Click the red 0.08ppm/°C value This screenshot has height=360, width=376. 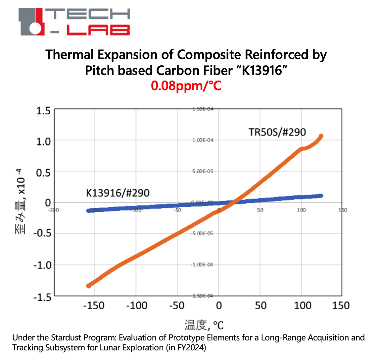[186, 86]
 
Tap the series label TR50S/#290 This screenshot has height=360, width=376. [277, 132]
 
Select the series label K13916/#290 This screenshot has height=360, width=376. [117, 193]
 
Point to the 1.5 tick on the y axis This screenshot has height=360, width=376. [43, 111]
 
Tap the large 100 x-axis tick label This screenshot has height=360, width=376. [303, 305]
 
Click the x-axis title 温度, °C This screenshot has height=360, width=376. [204, 325]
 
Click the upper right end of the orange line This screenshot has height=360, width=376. [321, 136]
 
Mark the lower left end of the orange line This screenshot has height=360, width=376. [88, 286]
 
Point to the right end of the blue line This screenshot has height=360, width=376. [321, 196]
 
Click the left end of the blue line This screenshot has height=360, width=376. [88, 210]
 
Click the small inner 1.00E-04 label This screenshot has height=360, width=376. [203, 140]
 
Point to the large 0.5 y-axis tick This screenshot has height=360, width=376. [43, 172]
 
